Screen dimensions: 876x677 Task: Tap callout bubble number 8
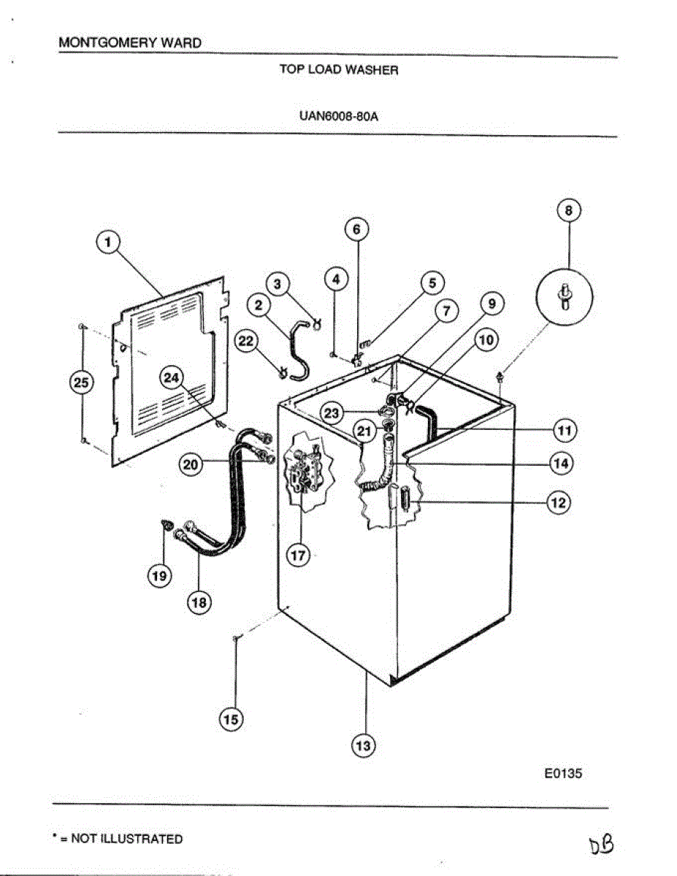(569, 211)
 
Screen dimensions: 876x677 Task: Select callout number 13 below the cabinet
(363, 745)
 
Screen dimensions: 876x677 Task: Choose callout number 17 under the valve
(298, 556)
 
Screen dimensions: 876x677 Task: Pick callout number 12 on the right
(559, 502)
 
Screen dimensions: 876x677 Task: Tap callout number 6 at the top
(356, 229)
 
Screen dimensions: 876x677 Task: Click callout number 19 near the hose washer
(160, 576)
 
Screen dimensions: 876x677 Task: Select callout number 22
(246, 342)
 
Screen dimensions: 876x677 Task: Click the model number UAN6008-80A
(338, 115)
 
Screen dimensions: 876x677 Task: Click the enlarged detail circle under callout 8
(565, 299)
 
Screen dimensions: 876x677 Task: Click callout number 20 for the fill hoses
(191, 464)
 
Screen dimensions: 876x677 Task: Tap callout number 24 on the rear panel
(172, 378)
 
